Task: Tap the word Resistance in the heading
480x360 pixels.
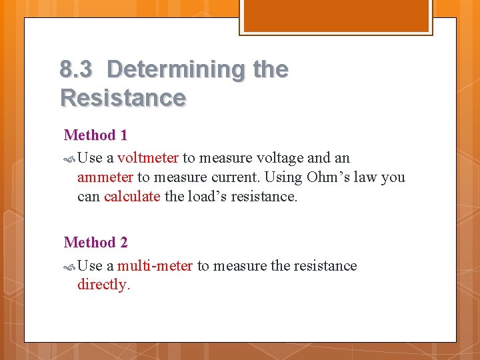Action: pos(123,98)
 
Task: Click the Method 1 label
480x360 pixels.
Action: pos(95,135)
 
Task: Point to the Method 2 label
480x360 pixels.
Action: pos(95,243)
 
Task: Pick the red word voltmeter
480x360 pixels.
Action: pos(148,158)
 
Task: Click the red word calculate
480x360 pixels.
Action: pos(132,197)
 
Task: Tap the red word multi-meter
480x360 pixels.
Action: pos(155,266)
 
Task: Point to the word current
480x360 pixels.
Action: pos(239,177)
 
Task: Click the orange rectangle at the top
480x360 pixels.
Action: pos(336,15)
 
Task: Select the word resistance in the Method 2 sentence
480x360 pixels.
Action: pos(325,266)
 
